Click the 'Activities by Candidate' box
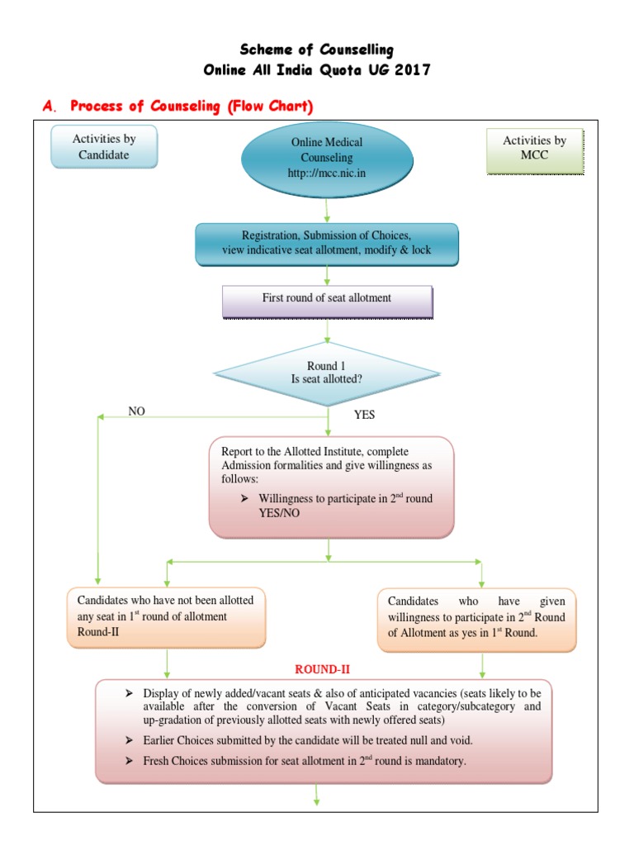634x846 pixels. [x=103, y=146]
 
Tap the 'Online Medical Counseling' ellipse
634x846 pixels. [x=326, y=157]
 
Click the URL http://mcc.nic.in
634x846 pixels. [x=326, y=173]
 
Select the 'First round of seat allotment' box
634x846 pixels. [x=327, y=298]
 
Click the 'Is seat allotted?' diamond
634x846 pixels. [x=327, y=373]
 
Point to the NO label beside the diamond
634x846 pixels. [x=136, y=411]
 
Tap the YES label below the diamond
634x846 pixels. [x=364, y=415]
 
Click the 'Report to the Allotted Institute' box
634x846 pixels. [x=331, y=487]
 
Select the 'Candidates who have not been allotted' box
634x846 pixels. [x=167, y=616]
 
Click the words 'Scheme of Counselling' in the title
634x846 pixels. [x=317, y=50]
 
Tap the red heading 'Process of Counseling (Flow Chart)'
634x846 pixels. [x=192, y=106]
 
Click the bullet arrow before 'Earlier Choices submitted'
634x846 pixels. [x=129, y=739]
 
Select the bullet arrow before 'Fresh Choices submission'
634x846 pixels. [x=129, y=761]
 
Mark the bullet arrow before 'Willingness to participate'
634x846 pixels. [x=244, y=499]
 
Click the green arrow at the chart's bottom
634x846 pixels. [x=317, y=796]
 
